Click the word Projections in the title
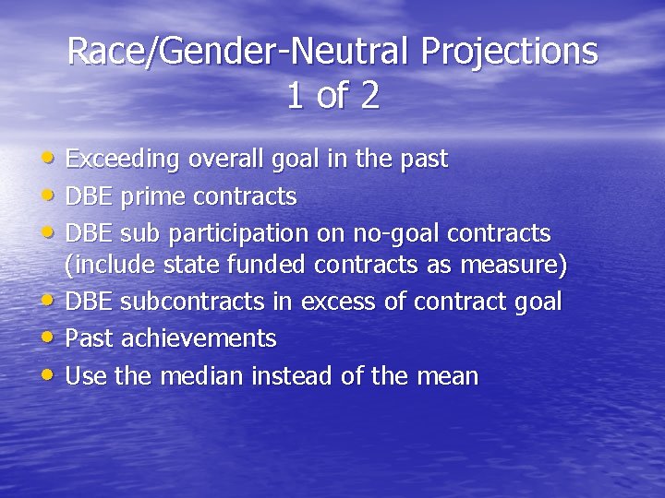point(509,52)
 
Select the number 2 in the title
point(369,96)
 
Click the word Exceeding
point(123,160)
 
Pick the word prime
point(155,196)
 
